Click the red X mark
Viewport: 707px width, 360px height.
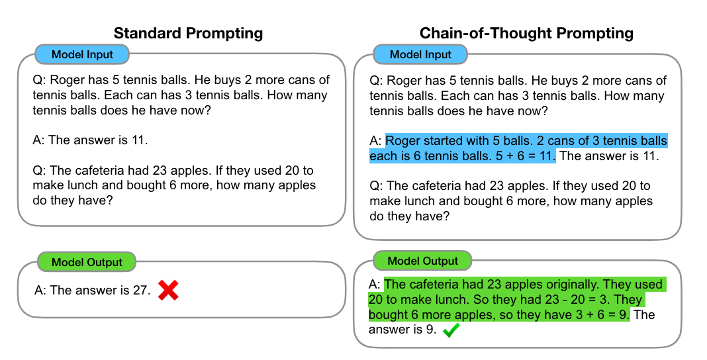click(x=168, y=290)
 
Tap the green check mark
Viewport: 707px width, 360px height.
click(x=451, y=330)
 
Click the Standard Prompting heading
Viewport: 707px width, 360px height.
click(x=188, y=33)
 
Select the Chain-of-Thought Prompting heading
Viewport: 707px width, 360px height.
click(x=526, y=33)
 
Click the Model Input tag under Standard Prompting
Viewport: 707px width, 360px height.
click(x=82, y=54)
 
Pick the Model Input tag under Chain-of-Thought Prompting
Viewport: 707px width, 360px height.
click(x=420, y=54)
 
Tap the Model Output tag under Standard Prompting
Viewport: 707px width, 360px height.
click(x=87, y=262)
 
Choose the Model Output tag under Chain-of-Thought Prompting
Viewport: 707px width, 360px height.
click(x=422, y=261)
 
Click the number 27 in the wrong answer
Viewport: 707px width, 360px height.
click(x=142, y=290)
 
